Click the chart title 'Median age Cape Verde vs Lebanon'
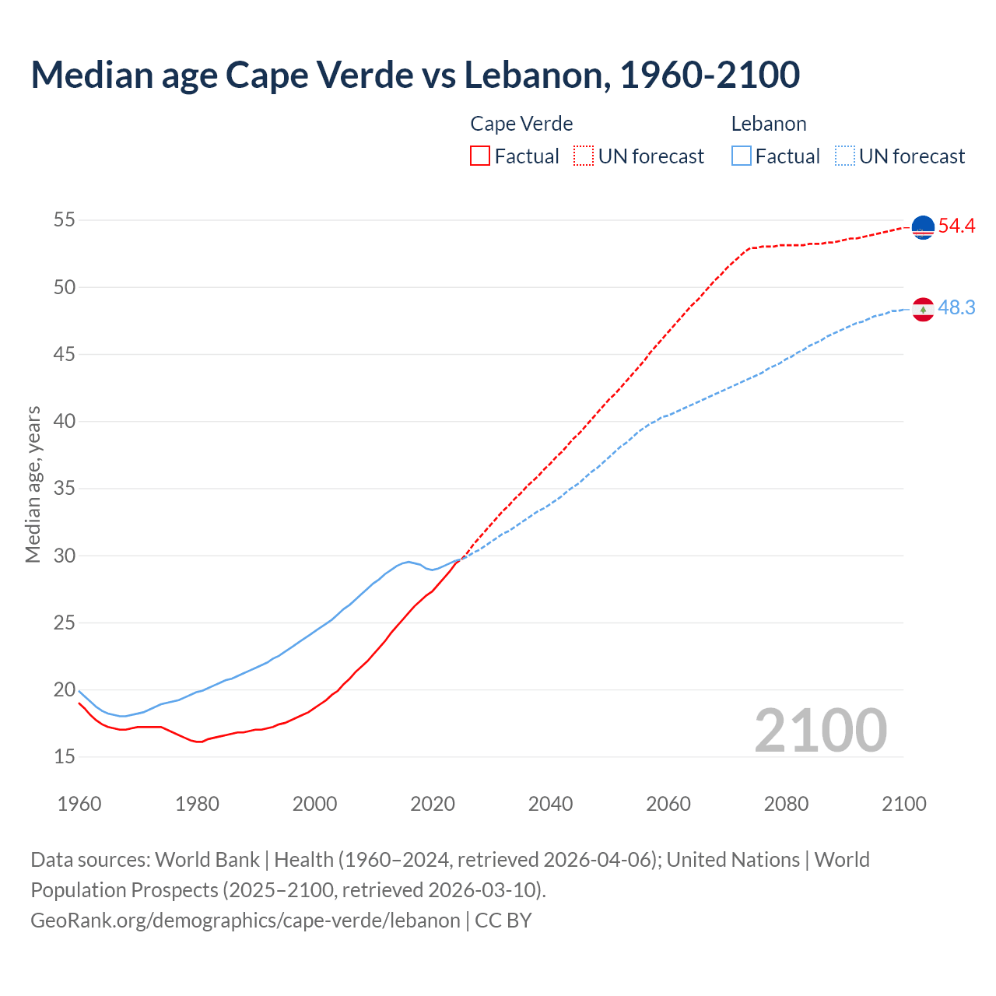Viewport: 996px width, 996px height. tap(415, 75)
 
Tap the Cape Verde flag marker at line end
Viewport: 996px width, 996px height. tap(923, 227)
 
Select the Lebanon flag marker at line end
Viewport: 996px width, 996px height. tap(923, 309)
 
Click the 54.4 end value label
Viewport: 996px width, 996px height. tap(956, 226)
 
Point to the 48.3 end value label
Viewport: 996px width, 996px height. tap(956, 308)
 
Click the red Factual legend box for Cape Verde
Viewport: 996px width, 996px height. tap(480, 156)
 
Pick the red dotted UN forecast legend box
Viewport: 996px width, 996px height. tap(584, 156)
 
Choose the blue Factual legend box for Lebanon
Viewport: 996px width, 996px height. tap(742, 156)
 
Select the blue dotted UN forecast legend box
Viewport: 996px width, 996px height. tap(845, 156)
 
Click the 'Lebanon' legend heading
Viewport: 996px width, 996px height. tap(768, 124)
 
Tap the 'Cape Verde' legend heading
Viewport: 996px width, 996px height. tap(521, 124)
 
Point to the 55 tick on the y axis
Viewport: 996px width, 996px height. tap(65, 220)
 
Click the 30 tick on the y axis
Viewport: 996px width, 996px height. tap(65, 556)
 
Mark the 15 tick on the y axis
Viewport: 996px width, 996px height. tap(65, 757)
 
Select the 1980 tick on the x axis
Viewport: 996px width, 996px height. tap(197, 804)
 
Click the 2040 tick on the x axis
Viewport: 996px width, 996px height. tap(550, 804)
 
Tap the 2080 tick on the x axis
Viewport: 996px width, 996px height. tap(786, 804)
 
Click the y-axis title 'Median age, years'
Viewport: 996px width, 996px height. tap(33, 484)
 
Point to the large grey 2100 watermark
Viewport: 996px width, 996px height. tap(820, 730)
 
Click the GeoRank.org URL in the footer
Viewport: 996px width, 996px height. tap(245, 921)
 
